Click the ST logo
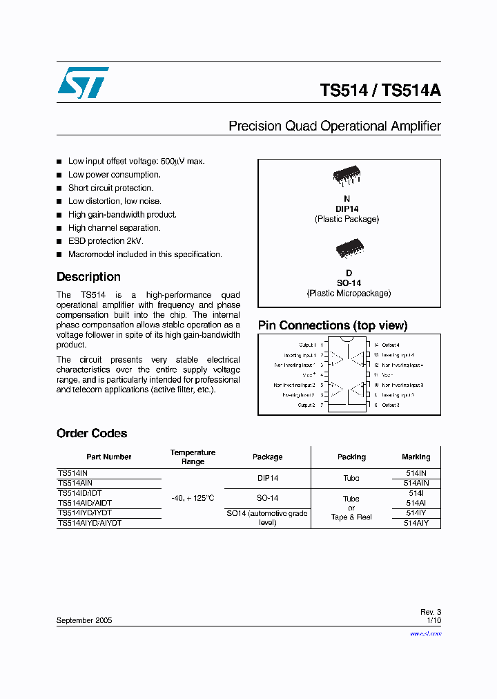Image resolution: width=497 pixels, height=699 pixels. (x=83, y=83)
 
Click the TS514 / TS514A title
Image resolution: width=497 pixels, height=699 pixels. (x=380, y=91)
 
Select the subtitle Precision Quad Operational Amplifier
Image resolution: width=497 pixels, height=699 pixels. (x=334, y=126)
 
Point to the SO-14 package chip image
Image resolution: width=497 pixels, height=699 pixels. (x=349, y=248)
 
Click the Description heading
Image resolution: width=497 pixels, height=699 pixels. (x=88, y=277)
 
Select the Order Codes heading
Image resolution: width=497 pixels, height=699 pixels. (x=92, y=434)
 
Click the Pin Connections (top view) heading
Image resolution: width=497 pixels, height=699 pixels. (x=333, y=325)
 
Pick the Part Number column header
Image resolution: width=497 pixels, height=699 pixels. (x=108, y=457)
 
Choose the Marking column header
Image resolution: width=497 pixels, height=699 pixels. (x=416, y=457)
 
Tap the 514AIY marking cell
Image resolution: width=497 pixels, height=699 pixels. (x=416, y=524)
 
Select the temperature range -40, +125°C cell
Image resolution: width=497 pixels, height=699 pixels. (x=193, y=498)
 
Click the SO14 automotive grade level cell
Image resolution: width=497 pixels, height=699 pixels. (x=267, y=518)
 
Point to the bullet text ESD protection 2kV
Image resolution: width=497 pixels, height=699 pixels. (x=106, y=241)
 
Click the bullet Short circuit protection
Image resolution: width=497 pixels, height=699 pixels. (x=110, y=188)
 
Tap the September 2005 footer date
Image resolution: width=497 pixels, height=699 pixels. (x=84, y=621)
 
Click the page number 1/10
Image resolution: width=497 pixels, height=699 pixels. (x=433, y=621)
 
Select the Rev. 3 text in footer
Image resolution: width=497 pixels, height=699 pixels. (x=431, y=612)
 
